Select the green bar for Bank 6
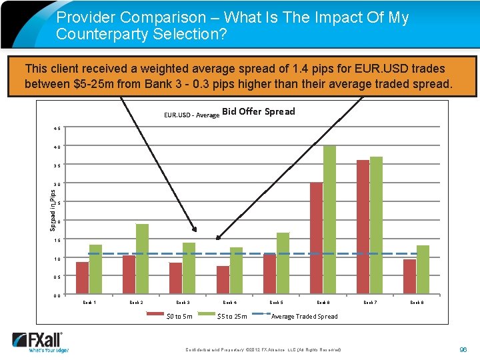coord(329,220)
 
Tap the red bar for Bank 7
coord(363,227)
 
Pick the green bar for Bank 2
coord(142,259)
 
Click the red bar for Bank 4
coord(223,280)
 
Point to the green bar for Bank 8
coord(423,270)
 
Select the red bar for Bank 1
coord(82,278)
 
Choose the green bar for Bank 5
coord(283,263)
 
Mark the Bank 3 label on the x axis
coord(182,303)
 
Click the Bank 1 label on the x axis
coord(89,303)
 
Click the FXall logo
coord(41,341)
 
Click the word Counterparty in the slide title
coord(101,34)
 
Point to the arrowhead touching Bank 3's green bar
coord(195,229)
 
